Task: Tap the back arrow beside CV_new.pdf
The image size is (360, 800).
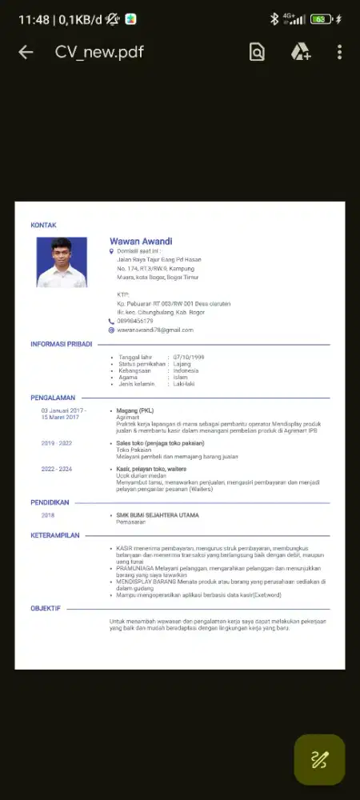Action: [26, 52]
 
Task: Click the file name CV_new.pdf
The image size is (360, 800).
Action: [99, 52]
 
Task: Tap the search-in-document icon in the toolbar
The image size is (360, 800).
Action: [257, 52]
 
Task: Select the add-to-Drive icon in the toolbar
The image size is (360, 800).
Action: [301, 52]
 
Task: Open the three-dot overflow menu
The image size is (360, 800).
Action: [339, 52]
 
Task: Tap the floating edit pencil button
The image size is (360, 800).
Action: [319, 759]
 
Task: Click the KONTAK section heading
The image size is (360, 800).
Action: [43, 226]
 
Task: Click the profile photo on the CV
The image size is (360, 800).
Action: [62, 262]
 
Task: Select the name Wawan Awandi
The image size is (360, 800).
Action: [141, 241]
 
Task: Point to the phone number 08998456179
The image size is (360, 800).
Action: [135, 321]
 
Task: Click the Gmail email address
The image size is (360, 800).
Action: [155, 330]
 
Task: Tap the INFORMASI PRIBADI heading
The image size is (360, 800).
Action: [61, 344]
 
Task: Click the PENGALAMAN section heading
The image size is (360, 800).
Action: [53, 397]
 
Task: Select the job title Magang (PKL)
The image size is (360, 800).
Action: [135, 410]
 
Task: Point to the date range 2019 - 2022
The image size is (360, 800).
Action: [57, 442]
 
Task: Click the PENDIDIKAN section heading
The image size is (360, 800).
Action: [50, 502]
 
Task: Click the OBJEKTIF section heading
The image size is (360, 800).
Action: [46, 608]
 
